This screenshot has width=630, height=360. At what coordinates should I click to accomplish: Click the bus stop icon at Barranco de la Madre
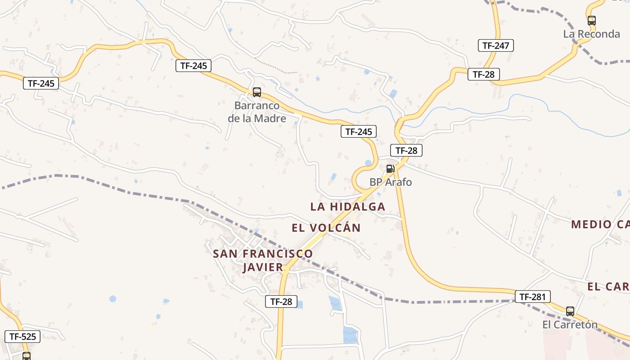(256, 92)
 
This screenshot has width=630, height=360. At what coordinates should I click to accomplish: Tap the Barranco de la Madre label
(257, 112)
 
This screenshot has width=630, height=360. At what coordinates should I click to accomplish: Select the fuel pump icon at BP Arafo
(390, 169)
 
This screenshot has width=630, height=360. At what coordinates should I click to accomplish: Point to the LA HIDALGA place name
(347, 207)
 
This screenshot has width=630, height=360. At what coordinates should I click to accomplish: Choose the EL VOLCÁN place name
(326, 228)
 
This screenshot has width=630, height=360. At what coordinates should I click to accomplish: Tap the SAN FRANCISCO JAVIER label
(263, 260)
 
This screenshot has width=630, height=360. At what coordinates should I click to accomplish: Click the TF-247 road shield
(495, 45)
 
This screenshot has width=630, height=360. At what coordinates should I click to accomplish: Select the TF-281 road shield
(532, 297)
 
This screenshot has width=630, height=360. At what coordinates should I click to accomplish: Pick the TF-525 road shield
(22, 336)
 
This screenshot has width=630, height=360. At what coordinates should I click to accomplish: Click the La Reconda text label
(591, 34)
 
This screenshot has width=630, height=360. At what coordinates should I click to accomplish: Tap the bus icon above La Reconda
(591, 20)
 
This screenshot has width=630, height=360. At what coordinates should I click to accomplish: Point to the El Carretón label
(570, 324)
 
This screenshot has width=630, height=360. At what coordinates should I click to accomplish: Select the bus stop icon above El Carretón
(570, 311)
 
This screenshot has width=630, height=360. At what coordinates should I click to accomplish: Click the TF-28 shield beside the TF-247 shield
(484, 74)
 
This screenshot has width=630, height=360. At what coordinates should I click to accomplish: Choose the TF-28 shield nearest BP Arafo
(406, 150)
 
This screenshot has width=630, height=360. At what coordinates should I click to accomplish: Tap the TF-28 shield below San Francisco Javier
(281, 301)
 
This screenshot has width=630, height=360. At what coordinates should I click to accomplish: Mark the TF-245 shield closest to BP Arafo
(358, 131)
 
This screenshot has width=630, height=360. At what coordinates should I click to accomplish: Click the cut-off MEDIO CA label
(600, 224)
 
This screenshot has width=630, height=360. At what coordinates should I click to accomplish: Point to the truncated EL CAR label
(608, 287)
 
